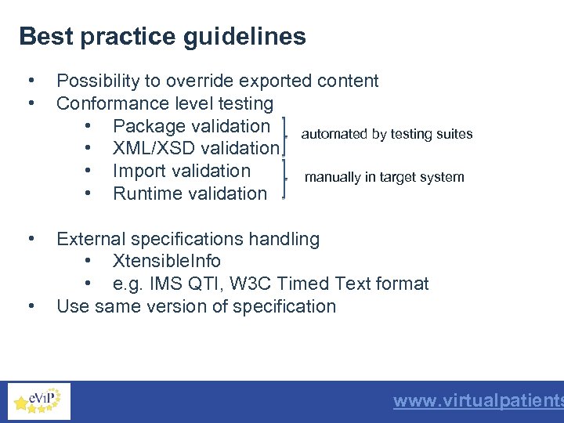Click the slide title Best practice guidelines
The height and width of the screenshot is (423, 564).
point(162,37)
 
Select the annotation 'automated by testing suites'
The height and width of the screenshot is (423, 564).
point(387,134)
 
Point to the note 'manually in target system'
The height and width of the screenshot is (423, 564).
point(384,177)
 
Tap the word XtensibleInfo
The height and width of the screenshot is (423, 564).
point(167,261)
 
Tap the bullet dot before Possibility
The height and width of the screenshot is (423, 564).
point(30,81)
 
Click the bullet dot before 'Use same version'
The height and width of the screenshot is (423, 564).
point(30,306)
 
